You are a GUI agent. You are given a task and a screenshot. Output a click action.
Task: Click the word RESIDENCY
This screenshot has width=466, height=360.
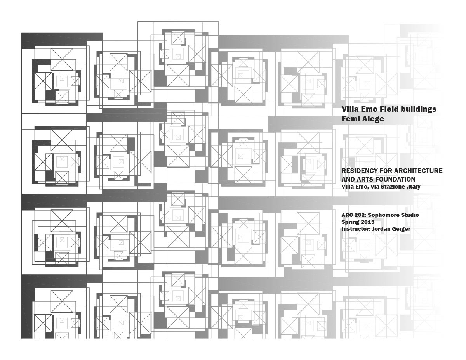click(x=359, y=171)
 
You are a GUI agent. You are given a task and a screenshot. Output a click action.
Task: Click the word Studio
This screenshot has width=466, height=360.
click(x=410, y=215)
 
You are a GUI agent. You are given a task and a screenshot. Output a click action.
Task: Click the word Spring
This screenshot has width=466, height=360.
click(x=350, y=222)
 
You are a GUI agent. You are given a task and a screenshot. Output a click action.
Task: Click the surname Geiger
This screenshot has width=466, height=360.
click(x=401, y=229)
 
